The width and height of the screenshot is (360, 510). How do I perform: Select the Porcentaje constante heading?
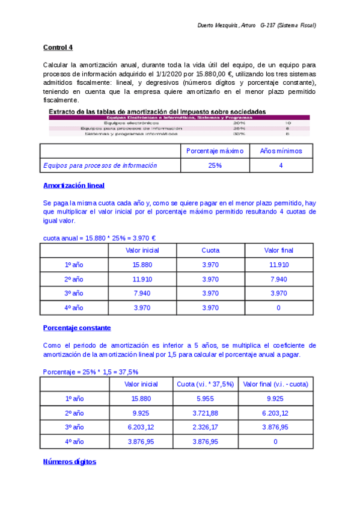coord(77,328)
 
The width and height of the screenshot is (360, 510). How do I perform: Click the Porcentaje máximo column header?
coord(215,151)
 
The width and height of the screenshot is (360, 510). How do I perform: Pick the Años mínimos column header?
coord(281,151)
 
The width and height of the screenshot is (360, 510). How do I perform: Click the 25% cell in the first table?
coord(215,165)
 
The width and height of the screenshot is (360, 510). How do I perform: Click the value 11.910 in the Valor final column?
coord(279,265)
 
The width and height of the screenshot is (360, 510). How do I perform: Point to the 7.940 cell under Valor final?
coord(279,279)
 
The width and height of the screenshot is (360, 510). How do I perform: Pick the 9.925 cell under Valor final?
coord(275,398)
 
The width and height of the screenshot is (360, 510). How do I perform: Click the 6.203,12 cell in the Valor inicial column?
coord(142,427)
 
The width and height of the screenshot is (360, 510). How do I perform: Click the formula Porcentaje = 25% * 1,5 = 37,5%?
coord(91,372)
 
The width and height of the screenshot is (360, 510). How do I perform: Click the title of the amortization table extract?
coord(157,111)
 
